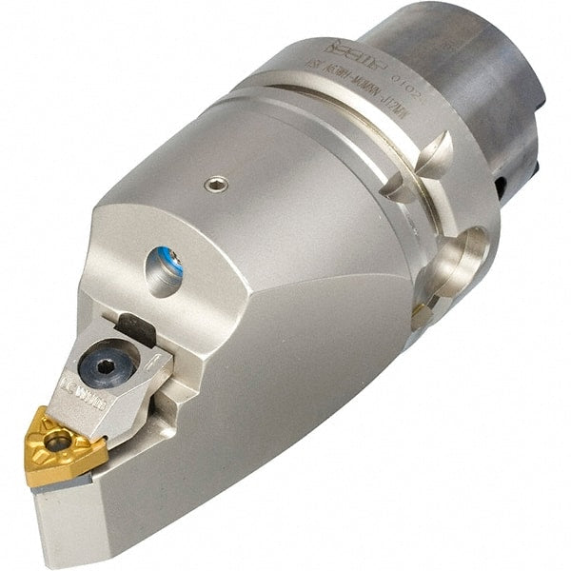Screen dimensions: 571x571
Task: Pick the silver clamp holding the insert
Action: tap(124, 371)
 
